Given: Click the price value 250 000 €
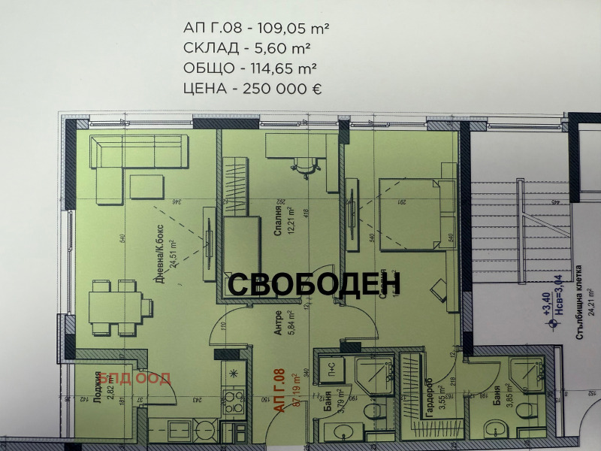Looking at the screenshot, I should tap(279, 88).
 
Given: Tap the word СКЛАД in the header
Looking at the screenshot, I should tap(207, 48).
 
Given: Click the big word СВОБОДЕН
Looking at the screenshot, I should tap(313, 283).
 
